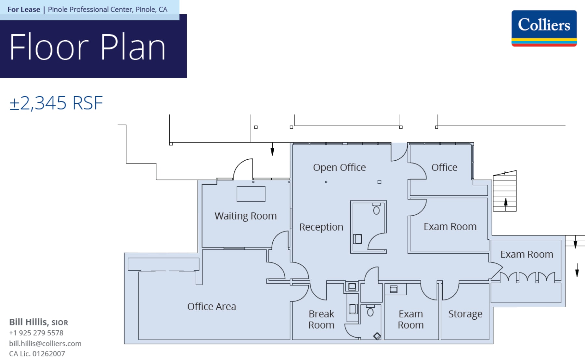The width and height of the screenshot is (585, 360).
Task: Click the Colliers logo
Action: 544,28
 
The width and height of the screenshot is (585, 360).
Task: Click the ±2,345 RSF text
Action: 56,103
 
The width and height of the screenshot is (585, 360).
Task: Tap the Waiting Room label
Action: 245,216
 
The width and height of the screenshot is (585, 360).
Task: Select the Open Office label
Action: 339,167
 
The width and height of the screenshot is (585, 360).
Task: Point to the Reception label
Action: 321,227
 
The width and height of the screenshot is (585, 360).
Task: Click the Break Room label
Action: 321,319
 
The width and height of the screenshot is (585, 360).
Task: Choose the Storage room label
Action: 465,314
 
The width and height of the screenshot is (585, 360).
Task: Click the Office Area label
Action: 212,307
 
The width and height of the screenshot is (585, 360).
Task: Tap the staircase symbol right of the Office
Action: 504,192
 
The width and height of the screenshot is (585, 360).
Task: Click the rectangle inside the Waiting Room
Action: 251,194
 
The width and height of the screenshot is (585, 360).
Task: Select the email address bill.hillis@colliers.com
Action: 45,343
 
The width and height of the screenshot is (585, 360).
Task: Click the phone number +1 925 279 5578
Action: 36,333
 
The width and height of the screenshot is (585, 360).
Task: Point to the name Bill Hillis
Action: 29,322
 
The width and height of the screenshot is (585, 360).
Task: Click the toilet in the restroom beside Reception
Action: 376,210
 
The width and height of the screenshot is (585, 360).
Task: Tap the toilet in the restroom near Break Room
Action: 370,312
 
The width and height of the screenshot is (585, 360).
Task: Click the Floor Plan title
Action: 88,47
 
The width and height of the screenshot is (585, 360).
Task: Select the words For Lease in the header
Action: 24,9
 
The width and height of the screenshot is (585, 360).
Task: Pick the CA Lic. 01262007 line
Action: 37,353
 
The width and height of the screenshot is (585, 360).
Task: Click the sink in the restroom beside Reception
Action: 357,239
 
